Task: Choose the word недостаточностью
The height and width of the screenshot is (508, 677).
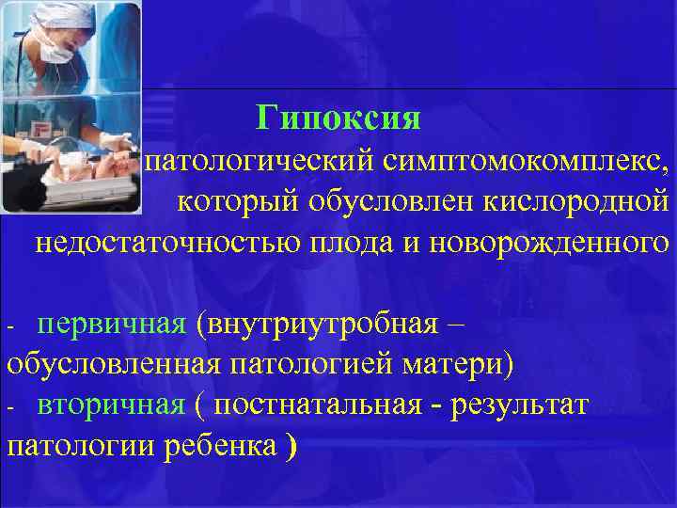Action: click(167, 243)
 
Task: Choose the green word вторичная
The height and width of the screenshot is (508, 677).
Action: click(111, 405)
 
